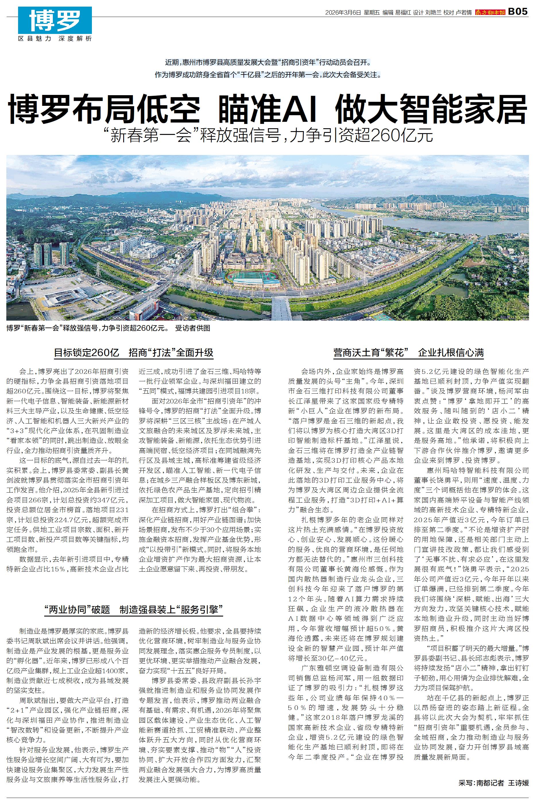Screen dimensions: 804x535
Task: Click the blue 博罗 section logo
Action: pyautogui.click(x=55, y=20)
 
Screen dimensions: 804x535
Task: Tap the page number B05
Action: pyautogui.click(x=518, y=12)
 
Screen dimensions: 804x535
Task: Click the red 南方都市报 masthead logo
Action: pyautogui.click(x=490, y=13)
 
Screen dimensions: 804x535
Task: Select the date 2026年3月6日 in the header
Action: pyautogui.click(x=343, y=13)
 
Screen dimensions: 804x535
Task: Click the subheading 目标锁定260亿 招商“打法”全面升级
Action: pyautogui.click(x=134, y=353)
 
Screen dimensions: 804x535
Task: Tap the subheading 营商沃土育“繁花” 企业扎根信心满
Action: pyautogui.click(x=408, y=353)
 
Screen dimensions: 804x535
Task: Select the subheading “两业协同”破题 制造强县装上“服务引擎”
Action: pyautogui.click(x=134, y=610)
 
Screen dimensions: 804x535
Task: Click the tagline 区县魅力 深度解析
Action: pyautogui.click(x=55, y=39)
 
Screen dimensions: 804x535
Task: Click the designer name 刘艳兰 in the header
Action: pyautogui.click(x=433, y=13)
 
